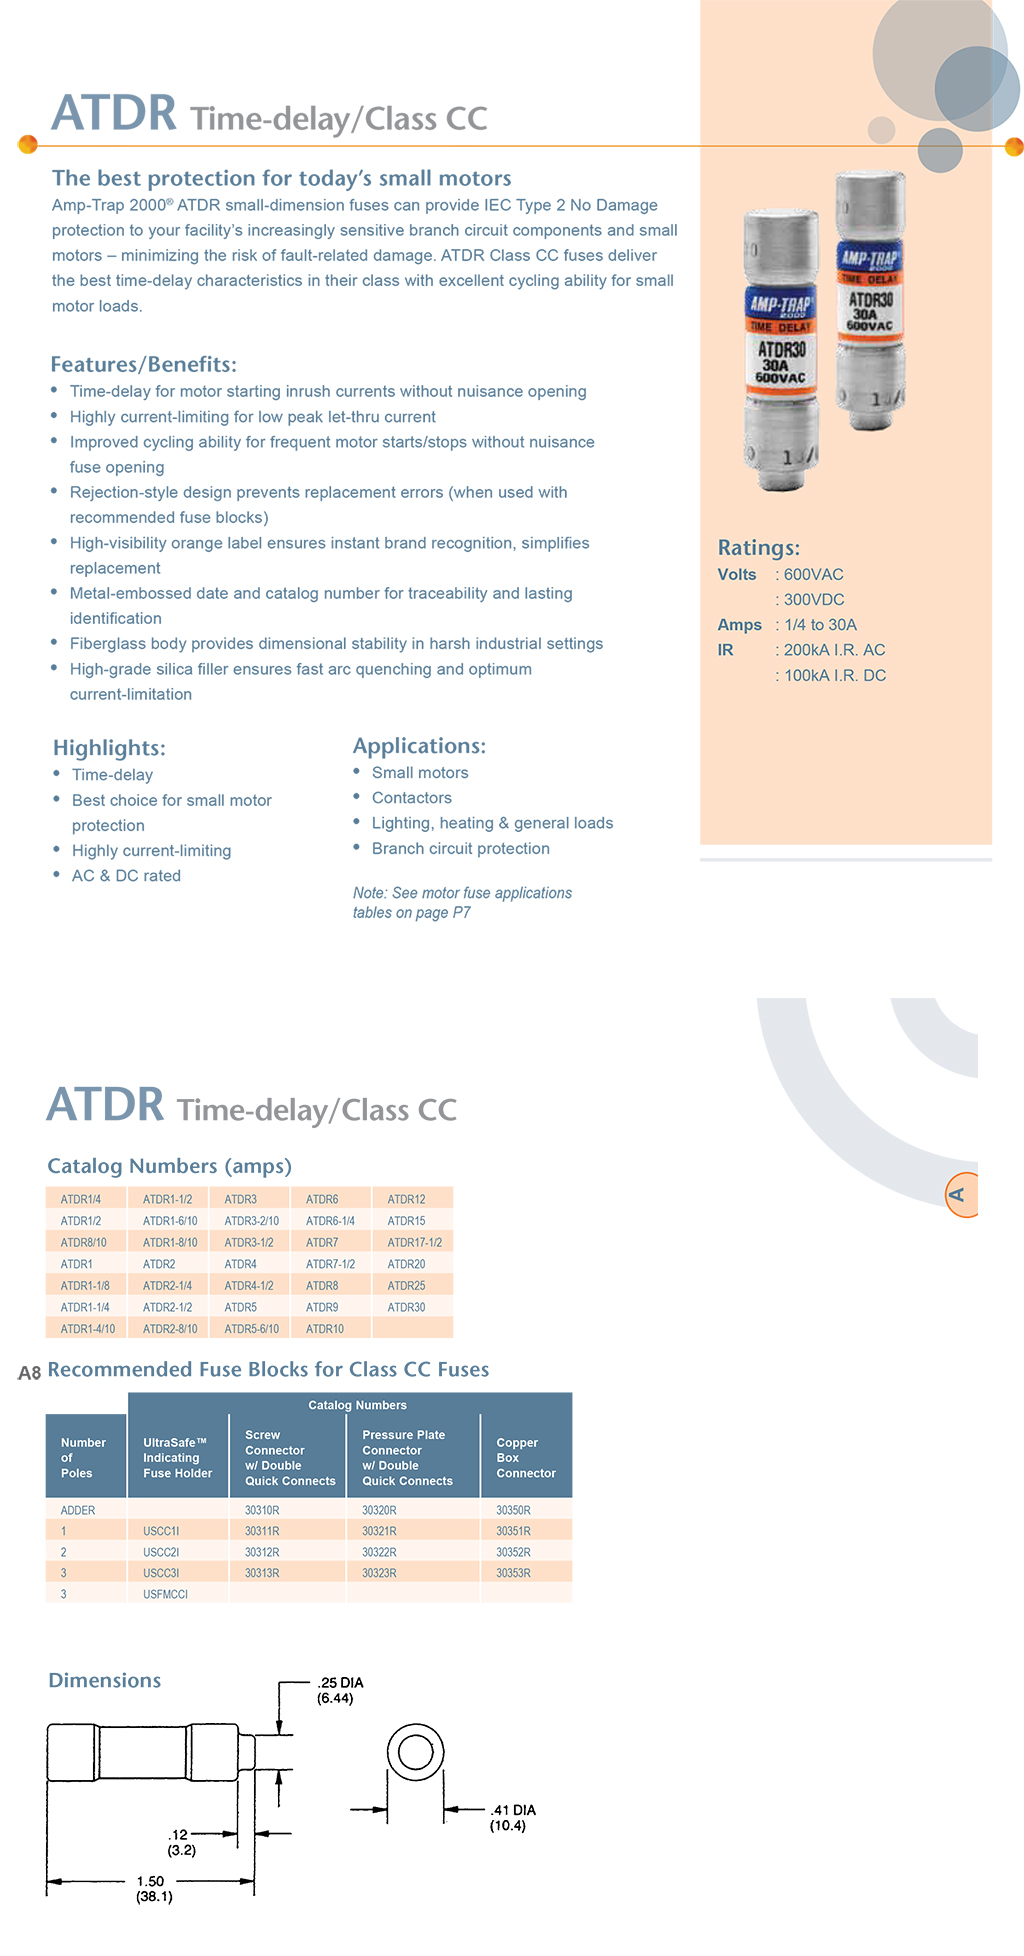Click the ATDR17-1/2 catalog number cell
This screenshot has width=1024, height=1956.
(x=414, y=1242)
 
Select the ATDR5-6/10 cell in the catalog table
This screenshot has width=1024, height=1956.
(x=251, y=1329)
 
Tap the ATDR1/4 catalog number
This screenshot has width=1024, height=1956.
(x=80, y=1199)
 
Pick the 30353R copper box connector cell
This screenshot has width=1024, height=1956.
(x=513, y=1573)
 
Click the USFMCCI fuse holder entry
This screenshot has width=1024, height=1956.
(x=165, y=1594)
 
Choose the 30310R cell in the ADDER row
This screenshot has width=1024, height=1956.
(x=262, y=1510)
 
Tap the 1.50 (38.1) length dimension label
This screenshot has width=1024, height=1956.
(x=153, y=1889)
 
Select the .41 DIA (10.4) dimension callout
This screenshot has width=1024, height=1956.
(x=512, y=1818)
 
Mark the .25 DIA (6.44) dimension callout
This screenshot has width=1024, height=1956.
(x=339, y=1690)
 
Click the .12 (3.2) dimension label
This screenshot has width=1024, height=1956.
(x=181, y=1842)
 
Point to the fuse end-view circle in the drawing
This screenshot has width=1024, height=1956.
(x=415, y=1753)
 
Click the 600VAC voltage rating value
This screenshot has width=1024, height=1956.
(x=813, y=575)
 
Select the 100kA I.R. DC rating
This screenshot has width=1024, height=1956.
(x=834, y=676)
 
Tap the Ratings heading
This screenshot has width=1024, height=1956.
(x=758, y=548)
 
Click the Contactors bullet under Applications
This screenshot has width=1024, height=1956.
(x=411, y=798)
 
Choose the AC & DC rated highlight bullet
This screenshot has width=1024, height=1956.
(x=126, y=876)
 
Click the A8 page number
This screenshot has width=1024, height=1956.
(x=29, y=1373)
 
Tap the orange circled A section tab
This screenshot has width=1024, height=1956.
(x=959, y=1194)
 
